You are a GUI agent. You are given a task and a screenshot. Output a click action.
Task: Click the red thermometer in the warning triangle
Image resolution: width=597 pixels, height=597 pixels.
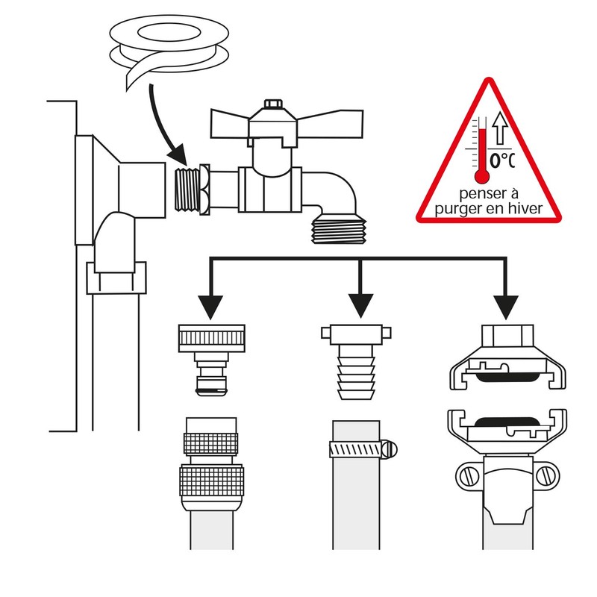pyautogui.click(x=483, y=153)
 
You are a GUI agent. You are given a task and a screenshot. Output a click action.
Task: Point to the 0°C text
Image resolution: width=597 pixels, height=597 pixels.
pyautogui.click(x=503, y=159)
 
